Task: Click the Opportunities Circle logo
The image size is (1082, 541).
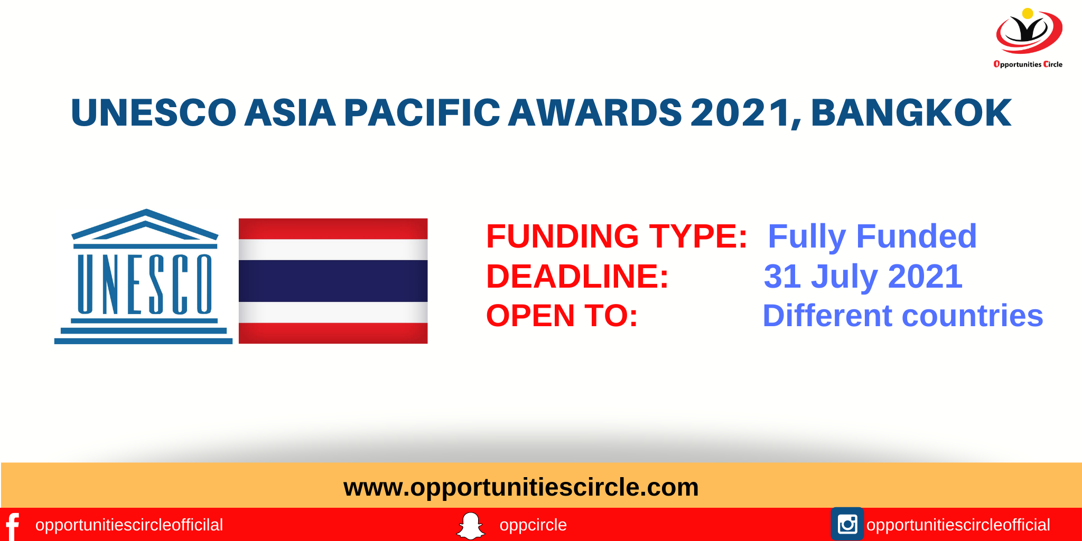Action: pos(1028,37)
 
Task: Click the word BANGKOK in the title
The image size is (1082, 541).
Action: pos(911,113)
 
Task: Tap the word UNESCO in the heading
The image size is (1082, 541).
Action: pos(153,113)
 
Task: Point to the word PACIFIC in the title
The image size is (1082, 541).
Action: pos(422,113)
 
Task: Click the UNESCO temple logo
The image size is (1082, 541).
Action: pos(144,278)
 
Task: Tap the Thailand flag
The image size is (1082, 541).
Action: pos(333,281)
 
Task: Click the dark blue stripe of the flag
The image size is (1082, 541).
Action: pos(333,281)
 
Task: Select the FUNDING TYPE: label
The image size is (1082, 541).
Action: pos(617,236)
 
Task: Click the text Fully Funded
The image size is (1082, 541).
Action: pos(872,236)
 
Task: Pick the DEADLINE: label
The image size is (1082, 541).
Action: pos(577,276)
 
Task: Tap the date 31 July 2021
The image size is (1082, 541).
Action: pos(863,276)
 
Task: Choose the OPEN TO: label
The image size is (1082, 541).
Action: pos(562,316)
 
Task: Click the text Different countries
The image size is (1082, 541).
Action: pos(902,316)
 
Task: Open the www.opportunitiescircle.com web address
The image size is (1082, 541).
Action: pos(521,487)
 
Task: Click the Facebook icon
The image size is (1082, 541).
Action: pos(12,526)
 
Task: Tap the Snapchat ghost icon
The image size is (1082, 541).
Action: pos(470,525)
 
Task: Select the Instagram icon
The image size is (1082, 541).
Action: pos(847,524)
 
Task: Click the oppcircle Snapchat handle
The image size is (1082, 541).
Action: pos(533,525)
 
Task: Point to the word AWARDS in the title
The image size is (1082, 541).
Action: pos(594,113)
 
